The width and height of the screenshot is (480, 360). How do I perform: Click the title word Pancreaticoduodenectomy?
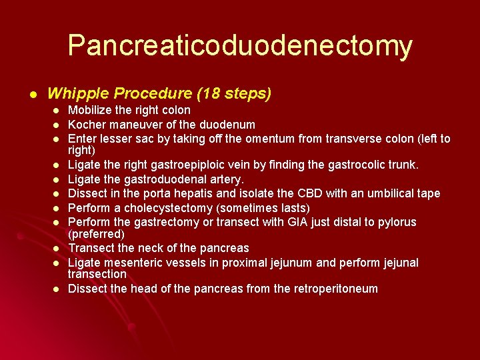click(x=240, y=45)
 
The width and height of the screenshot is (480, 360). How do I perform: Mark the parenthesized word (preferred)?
click(x=97, y=234)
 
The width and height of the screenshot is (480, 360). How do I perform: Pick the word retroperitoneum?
click(x=327, y=289)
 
